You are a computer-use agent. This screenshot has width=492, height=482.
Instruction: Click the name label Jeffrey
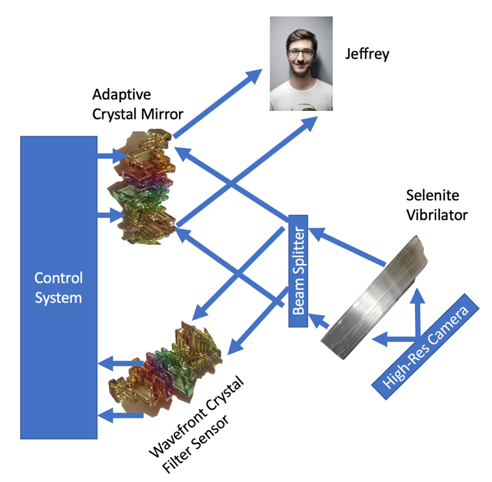[368, 53]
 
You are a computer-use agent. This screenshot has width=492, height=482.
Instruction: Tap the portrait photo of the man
[301, 64]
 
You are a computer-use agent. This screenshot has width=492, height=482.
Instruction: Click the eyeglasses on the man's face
[300, 52]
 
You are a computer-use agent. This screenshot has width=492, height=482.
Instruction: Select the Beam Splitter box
[298, 271]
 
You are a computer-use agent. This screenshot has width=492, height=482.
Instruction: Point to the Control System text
[58, 288]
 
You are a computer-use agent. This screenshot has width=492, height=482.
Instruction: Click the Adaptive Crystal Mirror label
[137, 104]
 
